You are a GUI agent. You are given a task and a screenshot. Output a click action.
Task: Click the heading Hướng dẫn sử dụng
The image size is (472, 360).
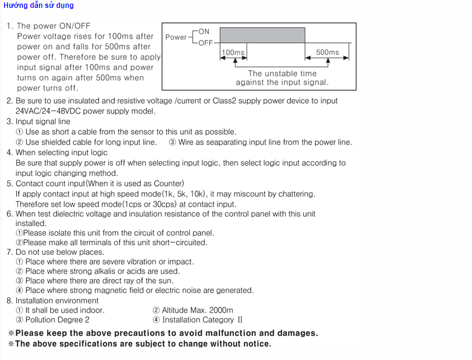(37, 5)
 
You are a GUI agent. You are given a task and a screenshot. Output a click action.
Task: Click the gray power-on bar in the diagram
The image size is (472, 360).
(262, 34)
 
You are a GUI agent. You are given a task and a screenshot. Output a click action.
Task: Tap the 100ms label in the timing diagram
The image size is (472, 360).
(233, 53)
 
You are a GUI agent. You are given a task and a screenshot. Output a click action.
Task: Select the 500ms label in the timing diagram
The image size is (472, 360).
(328, 53)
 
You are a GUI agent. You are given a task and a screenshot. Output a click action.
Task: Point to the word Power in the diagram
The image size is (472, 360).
(176, 37)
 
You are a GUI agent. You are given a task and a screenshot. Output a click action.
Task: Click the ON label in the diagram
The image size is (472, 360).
(204, 31)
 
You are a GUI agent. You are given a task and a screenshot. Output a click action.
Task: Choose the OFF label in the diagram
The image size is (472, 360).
(205, 43)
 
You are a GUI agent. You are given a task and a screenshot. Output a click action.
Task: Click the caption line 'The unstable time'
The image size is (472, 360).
(282, 74)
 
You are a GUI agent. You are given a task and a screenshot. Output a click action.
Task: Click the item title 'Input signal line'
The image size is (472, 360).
(43, 121)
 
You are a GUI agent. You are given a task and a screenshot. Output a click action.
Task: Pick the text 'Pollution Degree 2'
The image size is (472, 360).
(57, 320)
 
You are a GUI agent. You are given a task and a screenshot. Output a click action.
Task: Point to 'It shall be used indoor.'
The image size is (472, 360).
(65, 310)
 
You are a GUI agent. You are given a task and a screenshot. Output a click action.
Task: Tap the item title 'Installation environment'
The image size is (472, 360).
(57, 300)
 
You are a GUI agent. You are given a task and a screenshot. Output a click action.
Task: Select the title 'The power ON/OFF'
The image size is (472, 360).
(53, 26)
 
